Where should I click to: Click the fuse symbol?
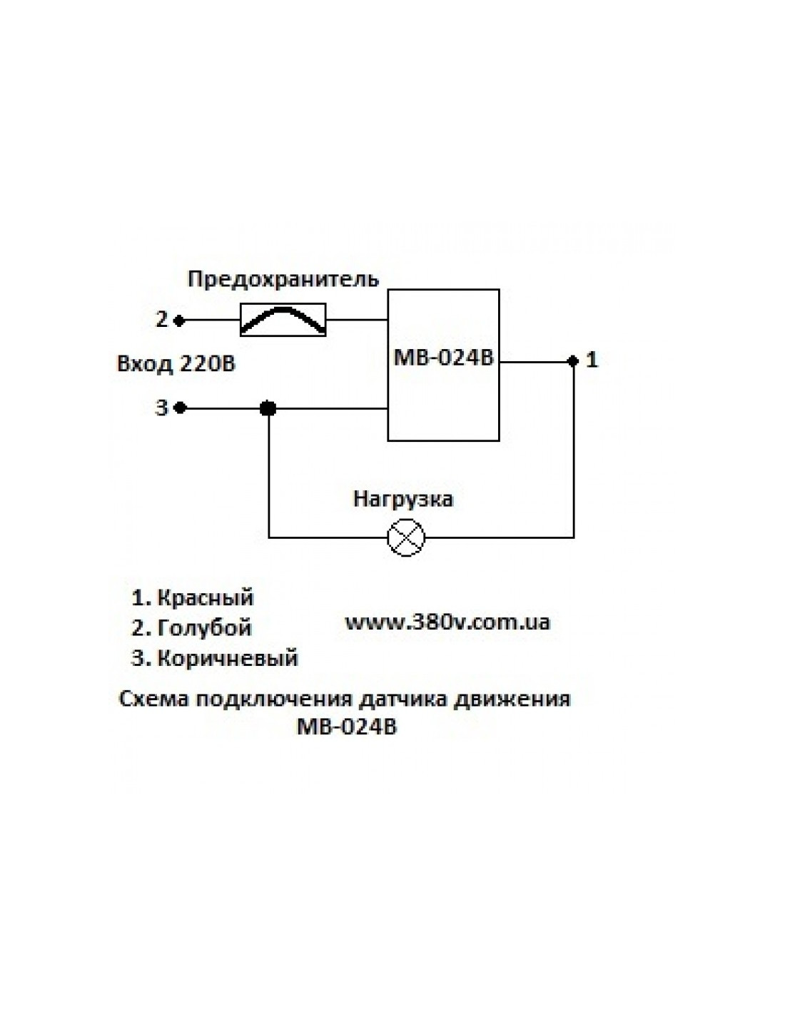click(x=283, y=320)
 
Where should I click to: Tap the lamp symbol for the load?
click(x=405, y=537)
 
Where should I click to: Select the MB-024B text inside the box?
click(x=443, y=358)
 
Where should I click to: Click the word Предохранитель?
click(x=283, y=278)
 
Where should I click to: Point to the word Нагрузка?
click(x=403, y=498)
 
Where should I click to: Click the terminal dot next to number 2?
click(x=181, y=320)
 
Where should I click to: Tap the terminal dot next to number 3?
click(x=181, y=408)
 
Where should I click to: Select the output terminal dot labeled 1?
click(x=572, y=361)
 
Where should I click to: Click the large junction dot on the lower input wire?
click(x=268, y=408)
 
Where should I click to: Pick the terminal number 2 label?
click(x=162, y=319)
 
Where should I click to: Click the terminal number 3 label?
click(x=162, y=408)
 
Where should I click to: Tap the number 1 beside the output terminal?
click(x=592, y=360)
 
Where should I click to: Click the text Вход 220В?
click(x=176, y=364)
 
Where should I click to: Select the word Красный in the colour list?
click(x=205, y=597)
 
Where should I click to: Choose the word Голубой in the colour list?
click(x=204, y=627)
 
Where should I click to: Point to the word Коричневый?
click(x=227, y=657)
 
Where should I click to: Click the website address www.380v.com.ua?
click(x=447, y=622)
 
